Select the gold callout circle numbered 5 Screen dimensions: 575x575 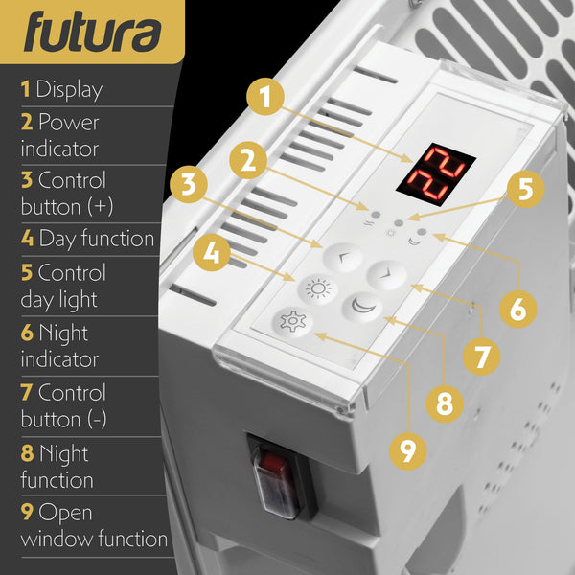coord(524,188)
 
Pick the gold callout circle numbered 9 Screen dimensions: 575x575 coord(409,450)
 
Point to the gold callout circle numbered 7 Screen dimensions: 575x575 coord(481,355)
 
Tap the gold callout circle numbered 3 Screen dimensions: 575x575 coord(190,185)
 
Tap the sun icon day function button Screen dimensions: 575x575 coord(317,287)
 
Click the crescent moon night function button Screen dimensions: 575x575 coord(364,307)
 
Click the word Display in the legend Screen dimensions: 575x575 coord(68,90)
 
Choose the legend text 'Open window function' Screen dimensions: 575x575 coord(94,525)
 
